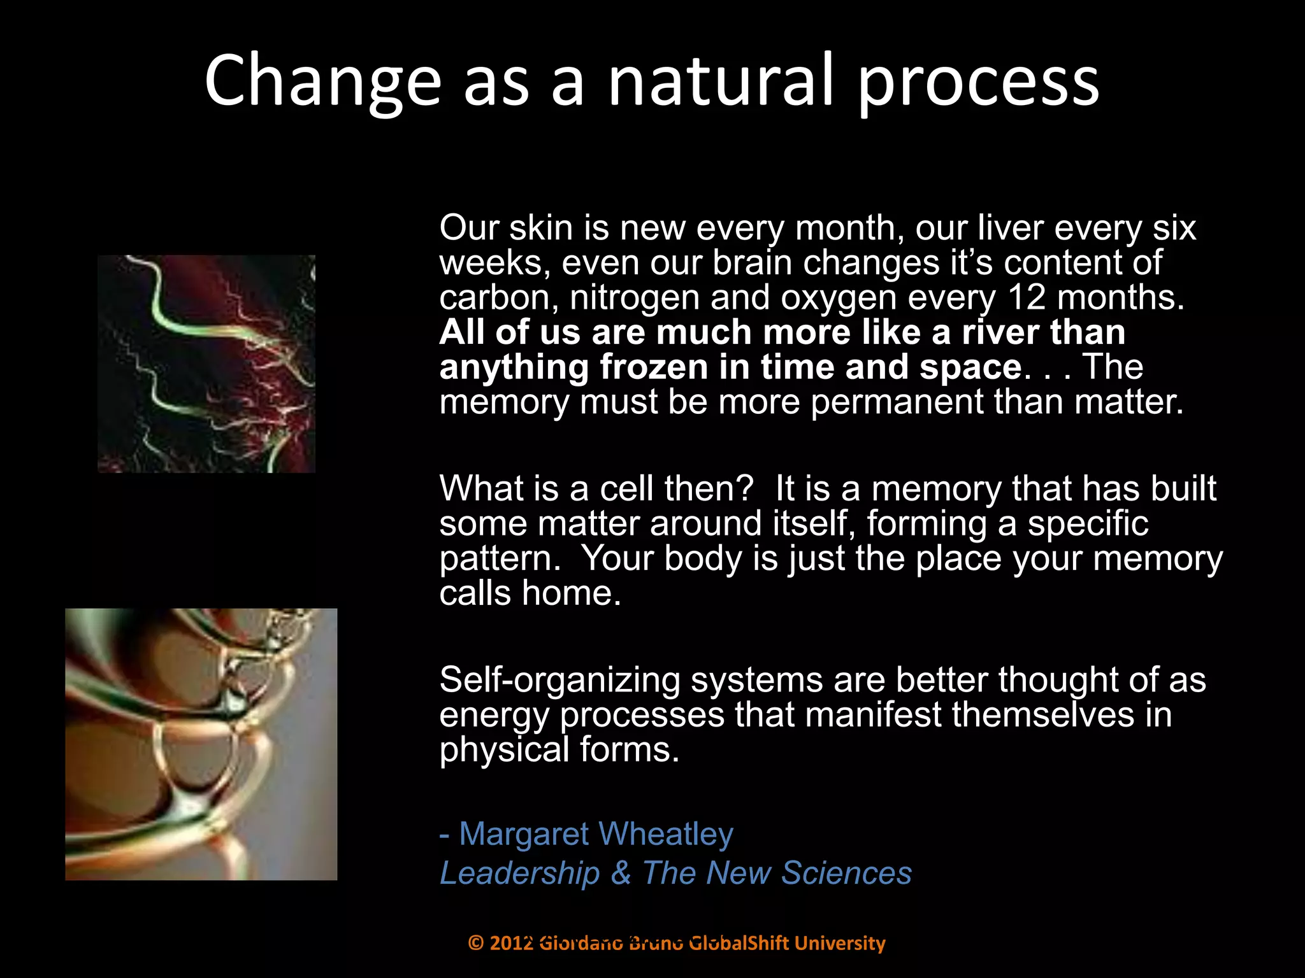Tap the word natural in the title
point(721,81)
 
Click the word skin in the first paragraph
point(541,228)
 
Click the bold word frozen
point(654,367)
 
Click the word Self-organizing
point(560,680)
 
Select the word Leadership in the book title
point(520,873)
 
